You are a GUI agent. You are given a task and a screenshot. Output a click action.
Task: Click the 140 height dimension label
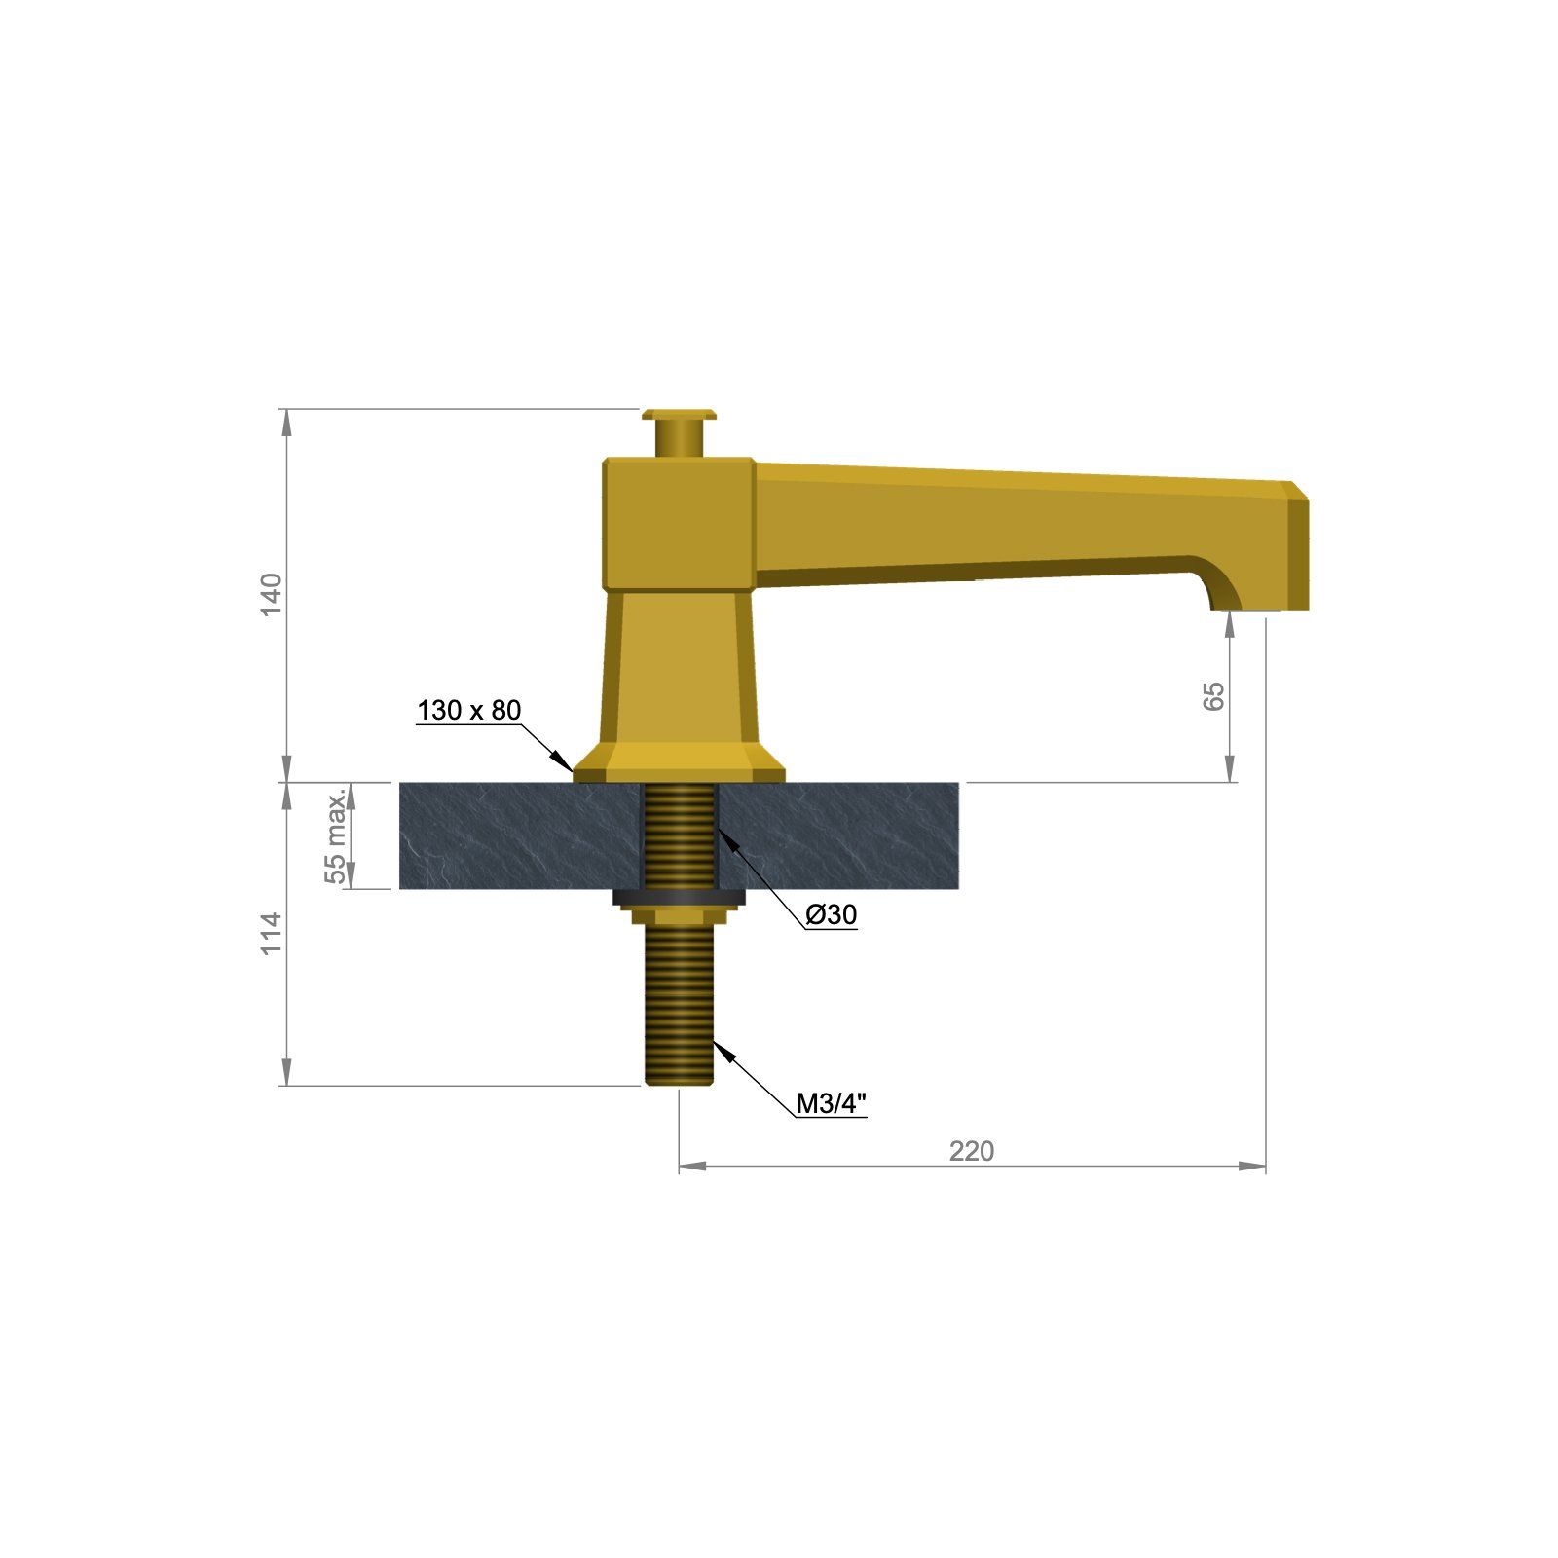click(272, 594)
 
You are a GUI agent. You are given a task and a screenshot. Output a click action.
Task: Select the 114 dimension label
click(272, 933)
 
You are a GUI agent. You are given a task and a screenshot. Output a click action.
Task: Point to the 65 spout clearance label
click(1214, 695)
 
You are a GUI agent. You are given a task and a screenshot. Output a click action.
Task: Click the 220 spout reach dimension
click(972, 1151)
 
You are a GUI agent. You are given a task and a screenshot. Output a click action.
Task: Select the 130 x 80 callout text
click(468, 710)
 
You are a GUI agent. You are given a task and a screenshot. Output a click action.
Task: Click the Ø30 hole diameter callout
click(831, 914)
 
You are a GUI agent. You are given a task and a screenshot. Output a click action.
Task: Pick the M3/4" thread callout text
click(830, 1103)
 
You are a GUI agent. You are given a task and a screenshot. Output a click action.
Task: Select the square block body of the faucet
click(678, 523)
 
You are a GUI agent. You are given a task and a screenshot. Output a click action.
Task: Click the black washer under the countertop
click(679, 896)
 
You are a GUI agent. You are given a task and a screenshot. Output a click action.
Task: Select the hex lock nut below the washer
click(679, 916)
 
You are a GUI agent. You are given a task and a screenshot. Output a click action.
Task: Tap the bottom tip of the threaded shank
click(679, 1079)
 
